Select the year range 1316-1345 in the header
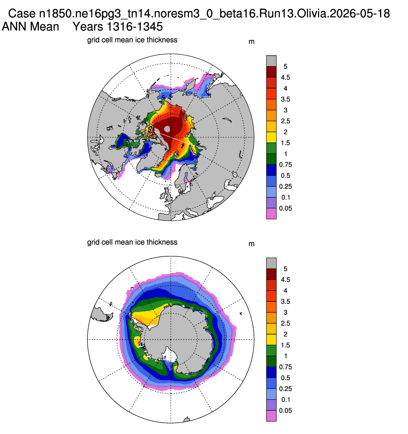[x=135, y=27]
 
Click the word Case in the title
[x=22, y=13]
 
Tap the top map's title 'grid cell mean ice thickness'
[x=132, y=40]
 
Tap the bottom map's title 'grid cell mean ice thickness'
[x=132, y=242]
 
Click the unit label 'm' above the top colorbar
[x=251, y=42]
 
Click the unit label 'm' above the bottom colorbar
[x=251, y=244]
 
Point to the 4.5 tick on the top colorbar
[x=285, y=77]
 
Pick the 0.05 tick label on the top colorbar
[x=285, y=208]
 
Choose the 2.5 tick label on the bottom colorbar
[x=285, y=323]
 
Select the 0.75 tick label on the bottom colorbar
[x=285, y=367]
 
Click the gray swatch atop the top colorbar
[x=271, y=61]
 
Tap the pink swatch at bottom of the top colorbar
[x=271, y=214]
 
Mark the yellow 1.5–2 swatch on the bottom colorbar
[x=271, y=340]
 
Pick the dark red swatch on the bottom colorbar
[x=271, y=274]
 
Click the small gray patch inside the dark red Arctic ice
[x=167, y=129]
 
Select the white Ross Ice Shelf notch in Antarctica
[x=171, y=355]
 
